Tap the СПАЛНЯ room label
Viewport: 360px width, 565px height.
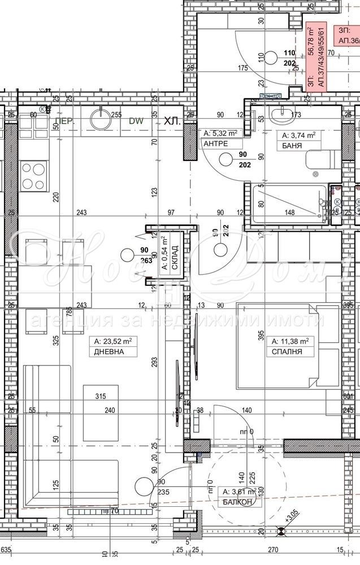click(287, 351)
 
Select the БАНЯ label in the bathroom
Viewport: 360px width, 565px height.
click(288, 145)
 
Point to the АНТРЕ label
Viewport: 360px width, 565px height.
click(216, 144)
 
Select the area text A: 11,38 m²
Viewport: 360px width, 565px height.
click(290, 341)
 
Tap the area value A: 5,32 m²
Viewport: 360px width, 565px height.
click(220, 134)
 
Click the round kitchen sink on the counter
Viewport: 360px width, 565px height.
click(102, 120)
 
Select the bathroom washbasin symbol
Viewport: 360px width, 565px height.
click(280, 116)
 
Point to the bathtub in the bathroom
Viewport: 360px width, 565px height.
click(289, 204)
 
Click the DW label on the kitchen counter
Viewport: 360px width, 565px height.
click(136, 121)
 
